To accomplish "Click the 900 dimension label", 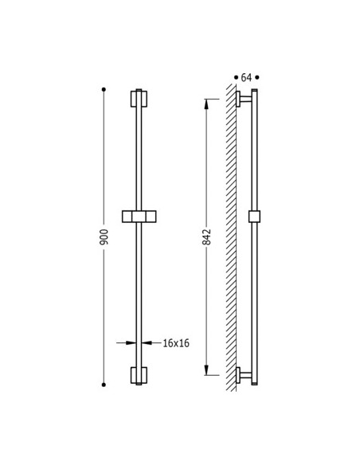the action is point(104,237).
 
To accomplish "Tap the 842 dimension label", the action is point(206,237).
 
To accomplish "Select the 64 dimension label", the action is point(246,78).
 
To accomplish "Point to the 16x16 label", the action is point(176,343).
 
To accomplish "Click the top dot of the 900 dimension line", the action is point(104,89).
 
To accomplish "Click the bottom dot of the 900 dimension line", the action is point(104,385).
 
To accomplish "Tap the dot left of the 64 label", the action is point(236,77).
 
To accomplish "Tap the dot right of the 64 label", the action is point(257,77).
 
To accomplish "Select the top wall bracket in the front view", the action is point(139,99).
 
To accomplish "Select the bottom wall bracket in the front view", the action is point(139,375).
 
